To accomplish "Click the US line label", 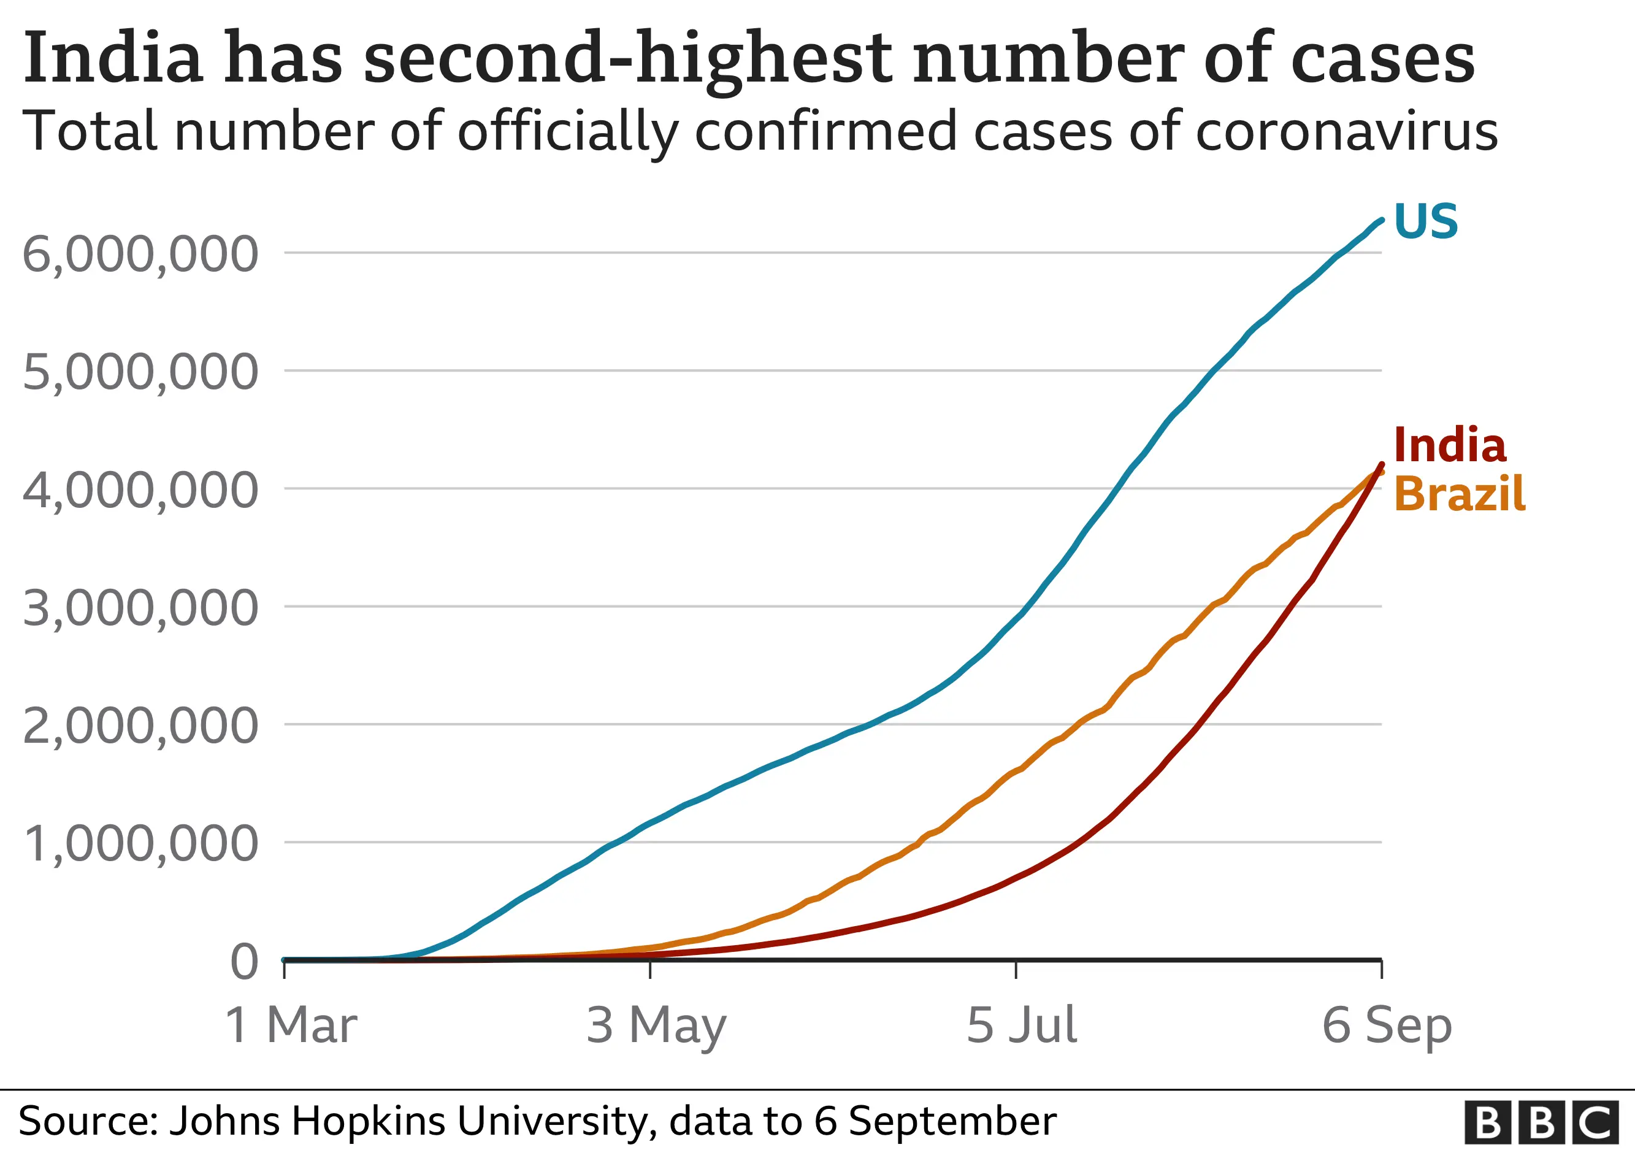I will pos(1425,221).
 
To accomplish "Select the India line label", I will pos(1449,446).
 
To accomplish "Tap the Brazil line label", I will pos(1459,494).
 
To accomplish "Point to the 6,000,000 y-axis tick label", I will pos(140,254).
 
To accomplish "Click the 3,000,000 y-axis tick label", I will pos(140,608).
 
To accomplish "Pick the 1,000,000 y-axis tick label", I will pos(140,845).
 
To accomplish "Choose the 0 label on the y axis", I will pos(244,962).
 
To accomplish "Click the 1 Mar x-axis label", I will pos(291,1025).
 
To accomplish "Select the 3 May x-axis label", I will pos(656,1025).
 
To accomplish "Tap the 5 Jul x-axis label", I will pos(1021,1025).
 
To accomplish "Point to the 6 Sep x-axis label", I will pos(1387,1025).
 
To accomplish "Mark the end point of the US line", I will pos(1382,220).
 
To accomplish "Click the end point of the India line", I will pos(1382,464).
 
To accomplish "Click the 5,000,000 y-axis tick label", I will pos(140,372).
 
